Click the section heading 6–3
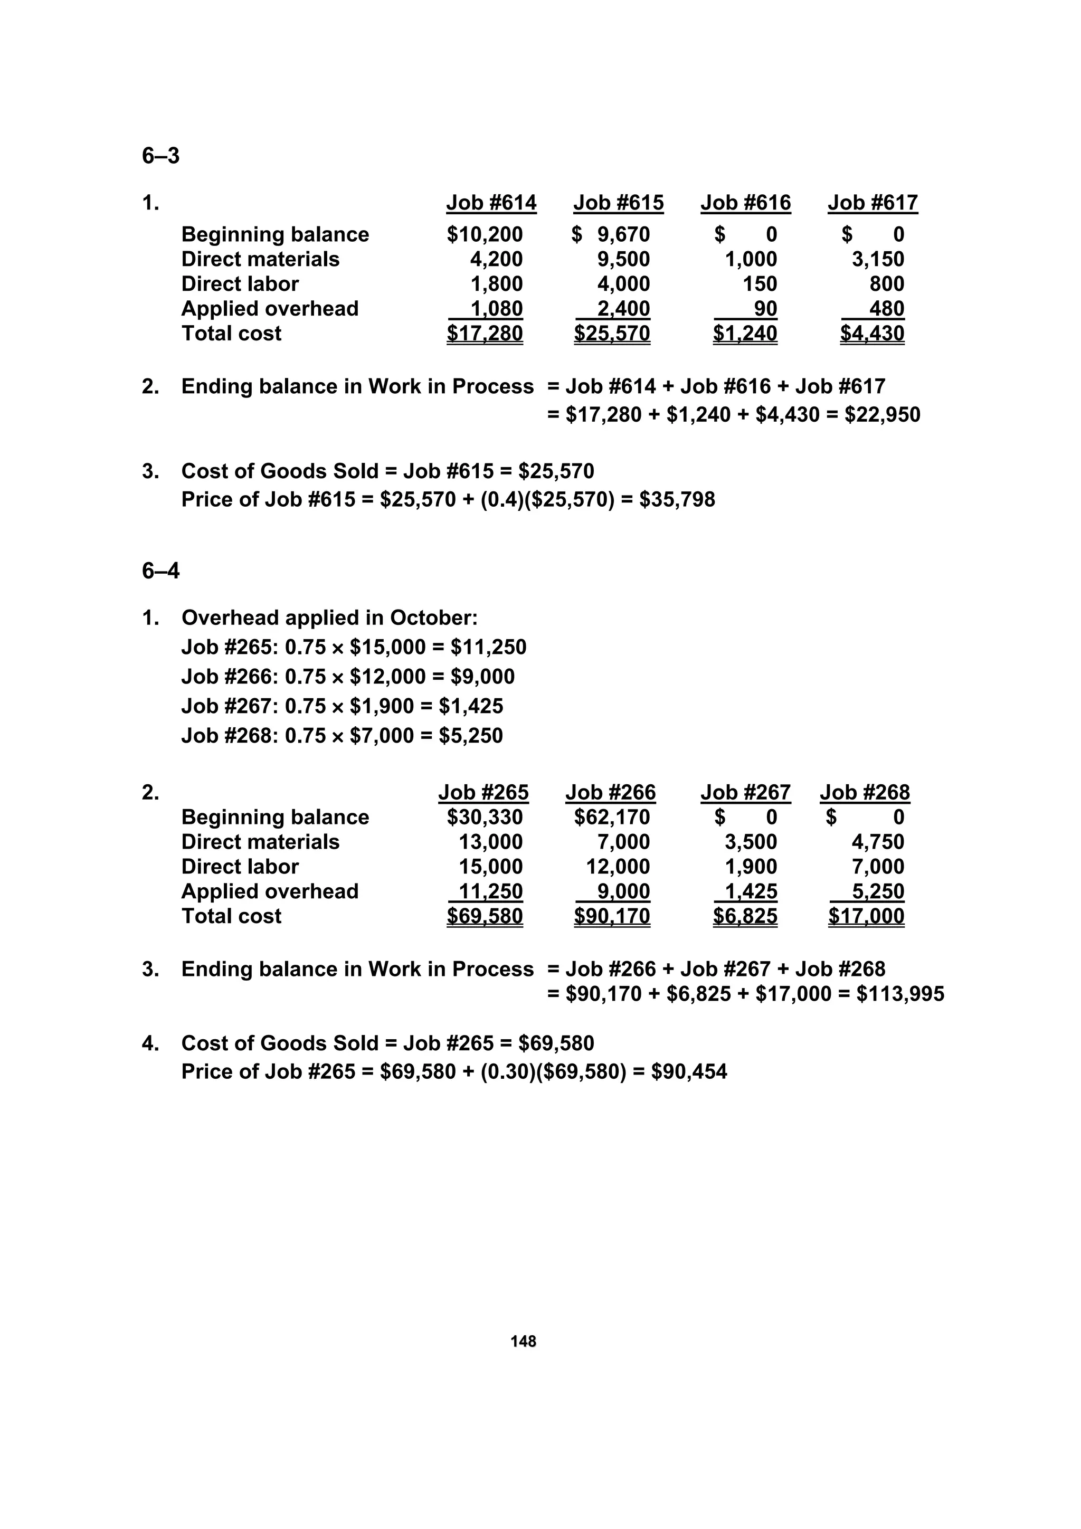(x=160, y=156)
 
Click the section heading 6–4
(x=160, y=572)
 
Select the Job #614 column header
(x=491, y=203)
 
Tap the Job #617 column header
(x=873, y=203)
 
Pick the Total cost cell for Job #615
(x=612, y=333)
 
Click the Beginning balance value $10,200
(x=485, y=234)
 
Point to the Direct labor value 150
(x=760, y=284)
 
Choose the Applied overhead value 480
(x=887, y=309)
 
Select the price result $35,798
(x=677, y=499)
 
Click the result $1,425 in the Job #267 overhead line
(x=471, y=706)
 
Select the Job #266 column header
(x=610, y=792)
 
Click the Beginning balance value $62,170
(x=612, y=817)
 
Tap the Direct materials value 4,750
(x=878, y=842)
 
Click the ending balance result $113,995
(x=900, y=994)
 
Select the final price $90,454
(x=689, y=1071)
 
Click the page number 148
(x=524, y=1341)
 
